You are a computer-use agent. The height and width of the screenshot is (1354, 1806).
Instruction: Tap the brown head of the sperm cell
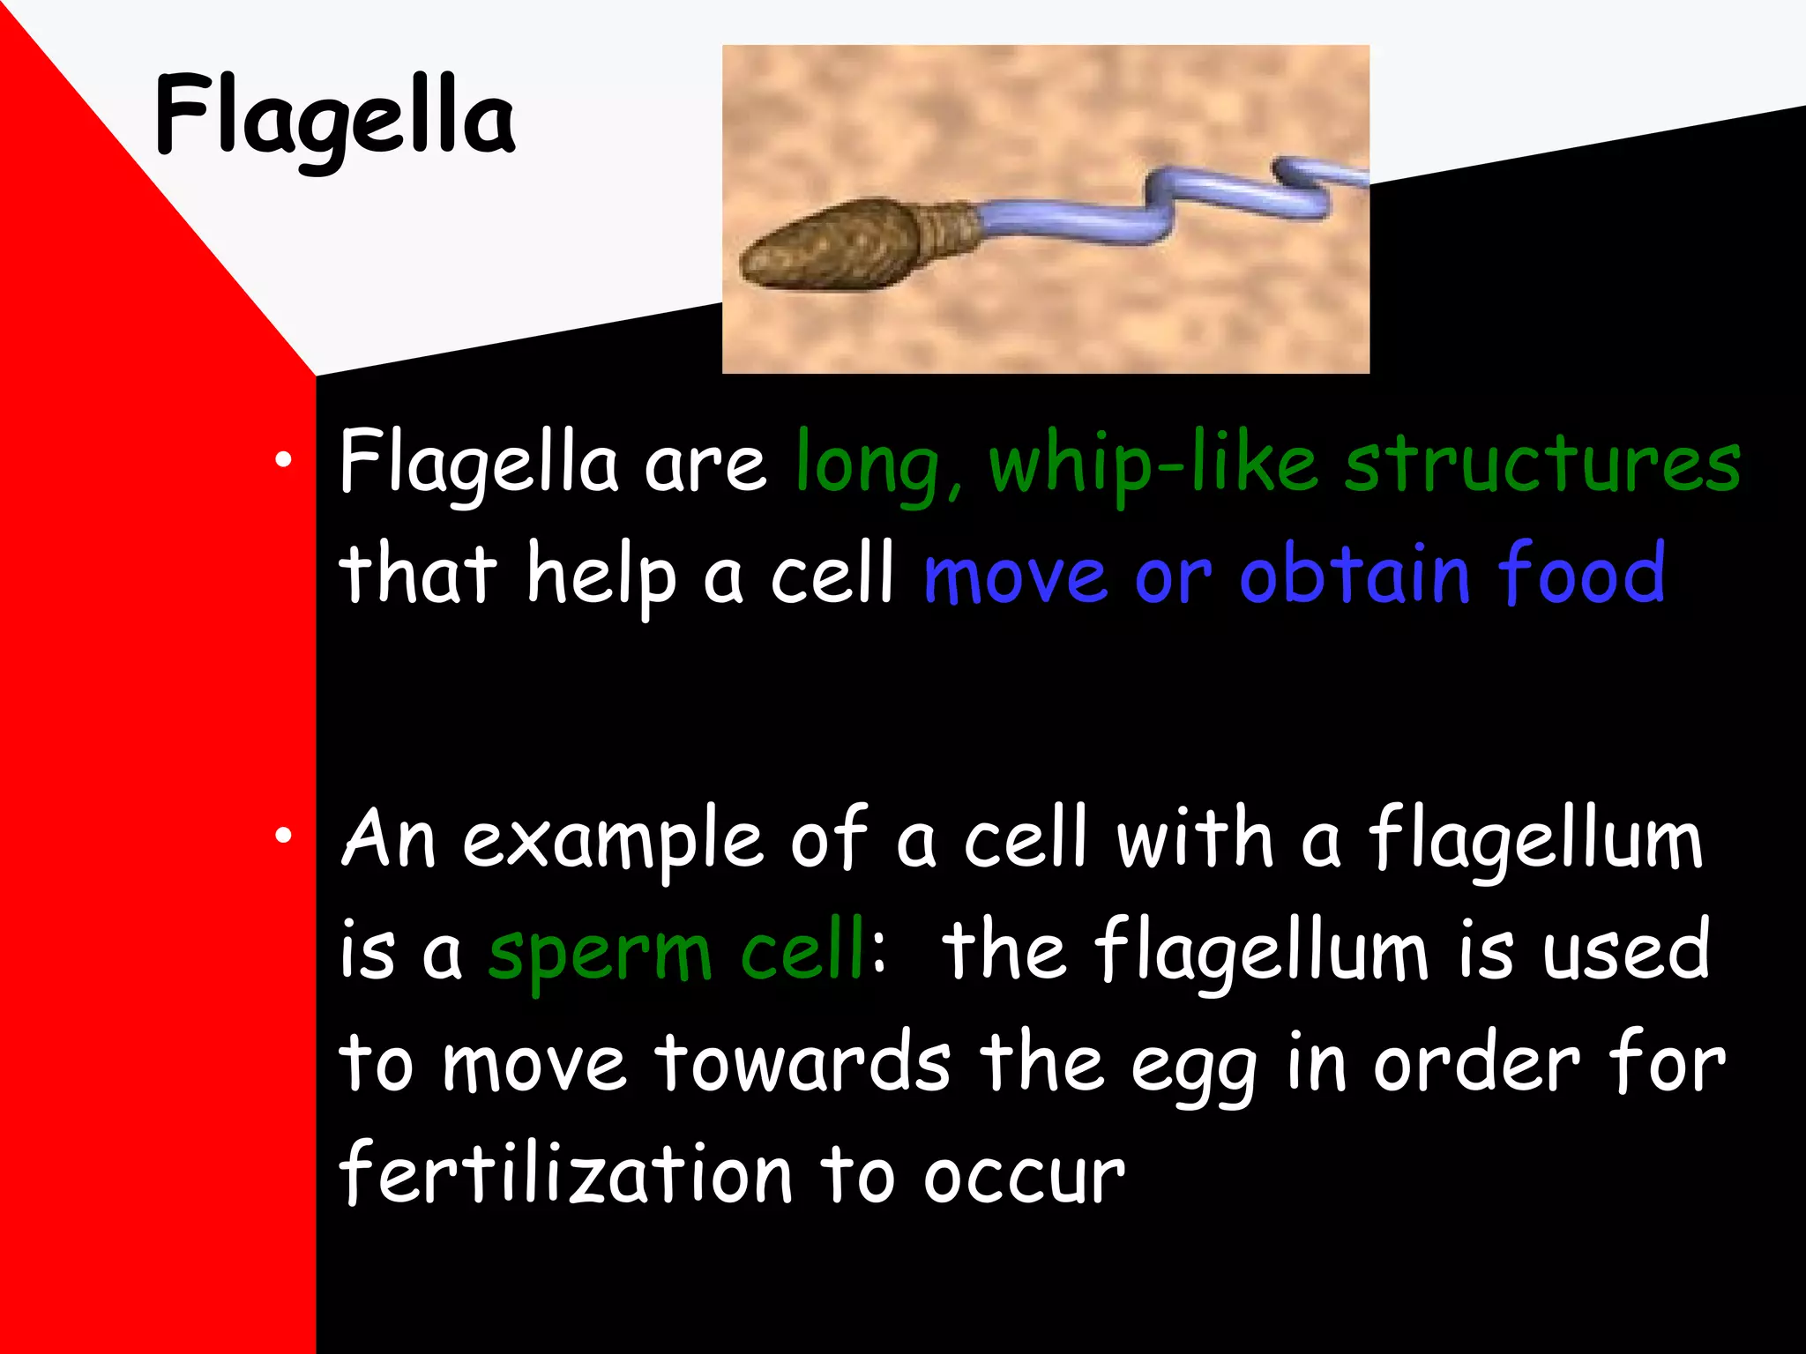point(829,246)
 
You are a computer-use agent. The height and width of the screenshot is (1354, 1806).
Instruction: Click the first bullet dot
point(282,460)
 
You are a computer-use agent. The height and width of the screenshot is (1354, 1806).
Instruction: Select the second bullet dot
point(282,836)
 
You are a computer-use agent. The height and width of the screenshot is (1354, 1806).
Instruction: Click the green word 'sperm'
point(600,954)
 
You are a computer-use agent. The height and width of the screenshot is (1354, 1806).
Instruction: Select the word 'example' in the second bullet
point(613,842)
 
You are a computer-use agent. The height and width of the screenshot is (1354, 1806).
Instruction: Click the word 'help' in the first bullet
point(601,575)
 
